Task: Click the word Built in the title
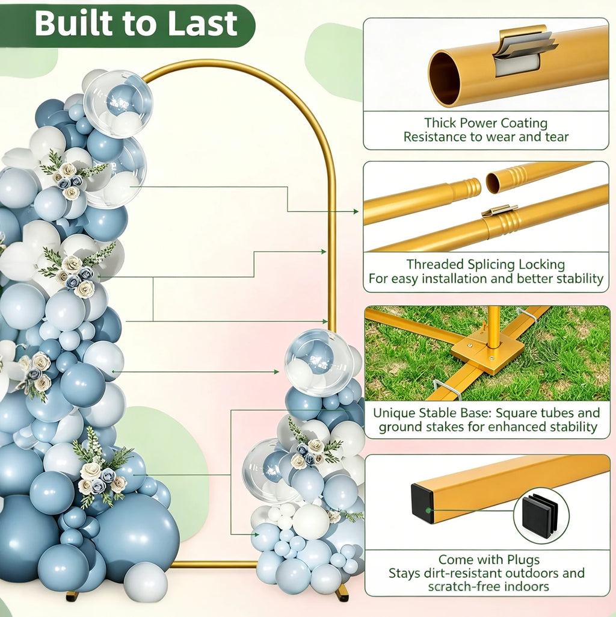click(x=75, y=23)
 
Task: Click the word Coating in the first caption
click(x=524, y=123)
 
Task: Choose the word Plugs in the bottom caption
click(x=523, y=560)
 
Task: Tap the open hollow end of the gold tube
click(x=445, y=78)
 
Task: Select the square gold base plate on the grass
click(x=487, y=352)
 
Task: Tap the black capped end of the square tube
click(x=422, y=503)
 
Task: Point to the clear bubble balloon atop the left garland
click(x=118, y=104)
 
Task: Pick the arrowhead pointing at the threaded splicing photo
click(x=356, y=212)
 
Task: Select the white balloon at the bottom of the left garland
click(x=146, y=582)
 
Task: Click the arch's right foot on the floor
click(x=342, y=593)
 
